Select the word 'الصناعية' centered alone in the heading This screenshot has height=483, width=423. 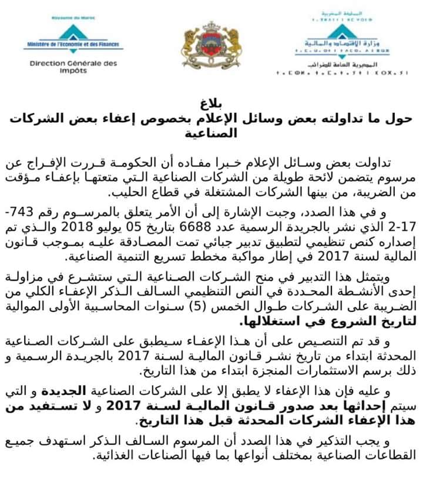pos(211,133)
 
